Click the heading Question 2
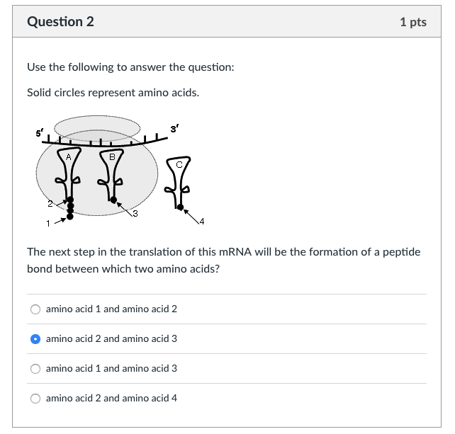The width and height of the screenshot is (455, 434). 60,21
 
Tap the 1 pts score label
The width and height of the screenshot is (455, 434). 413,22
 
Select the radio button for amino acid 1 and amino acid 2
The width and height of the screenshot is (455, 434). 35,309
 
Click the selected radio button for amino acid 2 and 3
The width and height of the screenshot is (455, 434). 35,339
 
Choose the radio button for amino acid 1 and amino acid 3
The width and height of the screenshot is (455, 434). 35,369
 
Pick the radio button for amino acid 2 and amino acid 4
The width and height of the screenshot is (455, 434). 35,399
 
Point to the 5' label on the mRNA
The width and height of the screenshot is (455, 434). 38,134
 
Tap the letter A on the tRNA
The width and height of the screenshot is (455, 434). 68,156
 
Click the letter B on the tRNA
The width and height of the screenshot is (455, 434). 112,156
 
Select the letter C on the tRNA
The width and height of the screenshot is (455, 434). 179,164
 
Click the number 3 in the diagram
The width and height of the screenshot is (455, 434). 134,215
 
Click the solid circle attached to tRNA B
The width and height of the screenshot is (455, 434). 113,200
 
